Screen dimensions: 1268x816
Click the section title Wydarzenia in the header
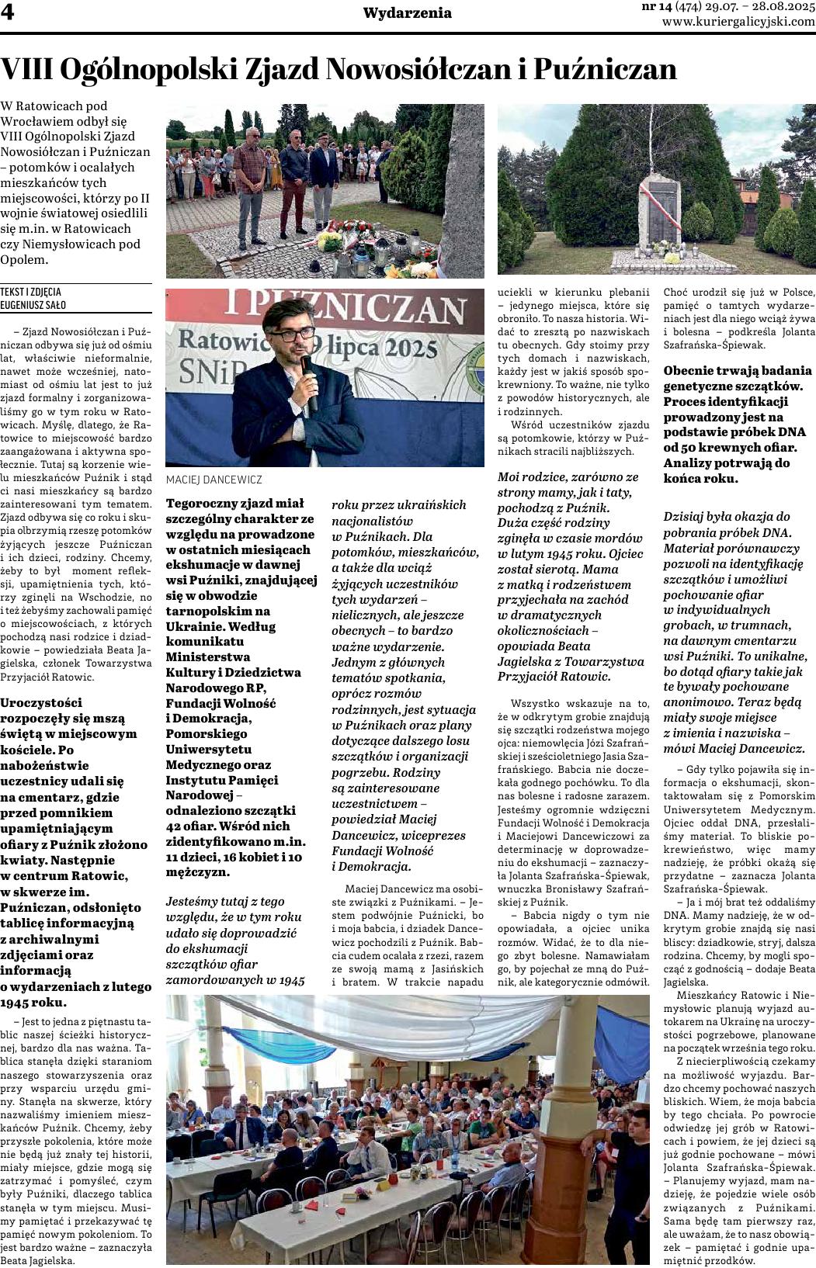407,13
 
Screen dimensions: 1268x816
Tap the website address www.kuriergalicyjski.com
738,22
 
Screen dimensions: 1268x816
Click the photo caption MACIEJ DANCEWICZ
214,480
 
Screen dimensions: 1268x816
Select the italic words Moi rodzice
536,476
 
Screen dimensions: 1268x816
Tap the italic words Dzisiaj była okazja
726,516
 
